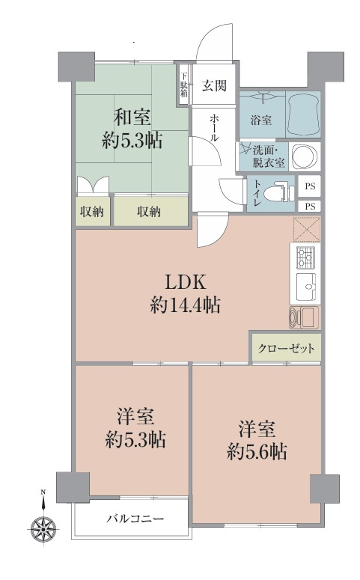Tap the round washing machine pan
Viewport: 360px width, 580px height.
point(304,156)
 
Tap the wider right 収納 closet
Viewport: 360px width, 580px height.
point(150,212)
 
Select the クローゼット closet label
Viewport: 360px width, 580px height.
point(287,349)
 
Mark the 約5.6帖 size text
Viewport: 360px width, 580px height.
point(258,452)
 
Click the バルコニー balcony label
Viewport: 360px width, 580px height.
point(135,518)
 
